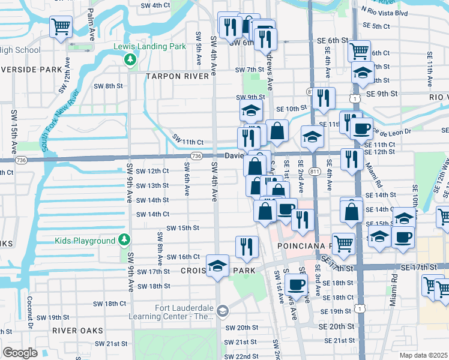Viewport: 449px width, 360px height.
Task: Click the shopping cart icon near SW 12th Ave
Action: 60,26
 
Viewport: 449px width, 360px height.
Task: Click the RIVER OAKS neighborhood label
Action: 77,331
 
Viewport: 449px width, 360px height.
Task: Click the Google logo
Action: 20,353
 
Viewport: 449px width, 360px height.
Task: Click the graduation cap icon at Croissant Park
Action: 217,266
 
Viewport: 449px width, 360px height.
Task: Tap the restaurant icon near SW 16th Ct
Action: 247,246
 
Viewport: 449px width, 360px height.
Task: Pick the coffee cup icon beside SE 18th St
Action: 296,284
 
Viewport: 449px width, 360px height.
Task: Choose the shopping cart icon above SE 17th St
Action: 343,243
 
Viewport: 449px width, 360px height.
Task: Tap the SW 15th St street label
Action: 182,228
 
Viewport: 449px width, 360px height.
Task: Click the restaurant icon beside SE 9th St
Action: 323,98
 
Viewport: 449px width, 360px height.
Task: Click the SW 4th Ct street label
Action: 155,5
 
